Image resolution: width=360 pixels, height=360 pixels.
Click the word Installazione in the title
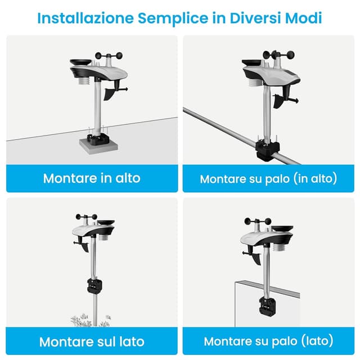click(85, 18)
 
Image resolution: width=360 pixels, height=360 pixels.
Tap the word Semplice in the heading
click(173, 19)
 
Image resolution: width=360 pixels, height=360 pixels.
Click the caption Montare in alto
click(92, 178)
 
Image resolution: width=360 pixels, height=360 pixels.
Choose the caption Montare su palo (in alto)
click(268, 179)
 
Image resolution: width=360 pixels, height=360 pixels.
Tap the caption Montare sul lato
click(92, 341)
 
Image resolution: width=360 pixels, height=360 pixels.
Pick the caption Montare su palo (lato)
click(268, 341)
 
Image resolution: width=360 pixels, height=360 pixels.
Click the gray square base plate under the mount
click(99, 146)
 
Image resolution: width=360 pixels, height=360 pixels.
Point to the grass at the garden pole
click(91, 320)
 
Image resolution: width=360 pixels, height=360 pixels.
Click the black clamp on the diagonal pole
click(268, 151)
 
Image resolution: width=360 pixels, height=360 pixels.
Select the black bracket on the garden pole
click(94, 286)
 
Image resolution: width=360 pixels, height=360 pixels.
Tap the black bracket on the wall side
click(267, 306)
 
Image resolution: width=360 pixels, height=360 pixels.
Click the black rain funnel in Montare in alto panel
click(80, 62)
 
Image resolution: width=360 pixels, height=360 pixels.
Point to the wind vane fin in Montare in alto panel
click(109, 94)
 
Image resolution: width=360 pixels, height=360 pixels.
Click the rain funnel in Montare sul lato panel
click(106, 223)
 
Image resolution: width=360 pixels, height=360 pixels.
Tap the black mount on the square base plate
click(98, 139)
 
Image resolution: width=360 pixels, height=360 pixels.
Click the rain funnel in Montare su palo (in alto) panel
click(252, 62)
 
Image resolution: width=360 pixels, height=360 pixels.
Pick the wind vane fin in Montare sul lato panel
click(85, 247)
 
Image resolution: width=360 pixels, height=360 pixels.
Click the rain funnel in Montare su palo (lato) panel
click(282, 229)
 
